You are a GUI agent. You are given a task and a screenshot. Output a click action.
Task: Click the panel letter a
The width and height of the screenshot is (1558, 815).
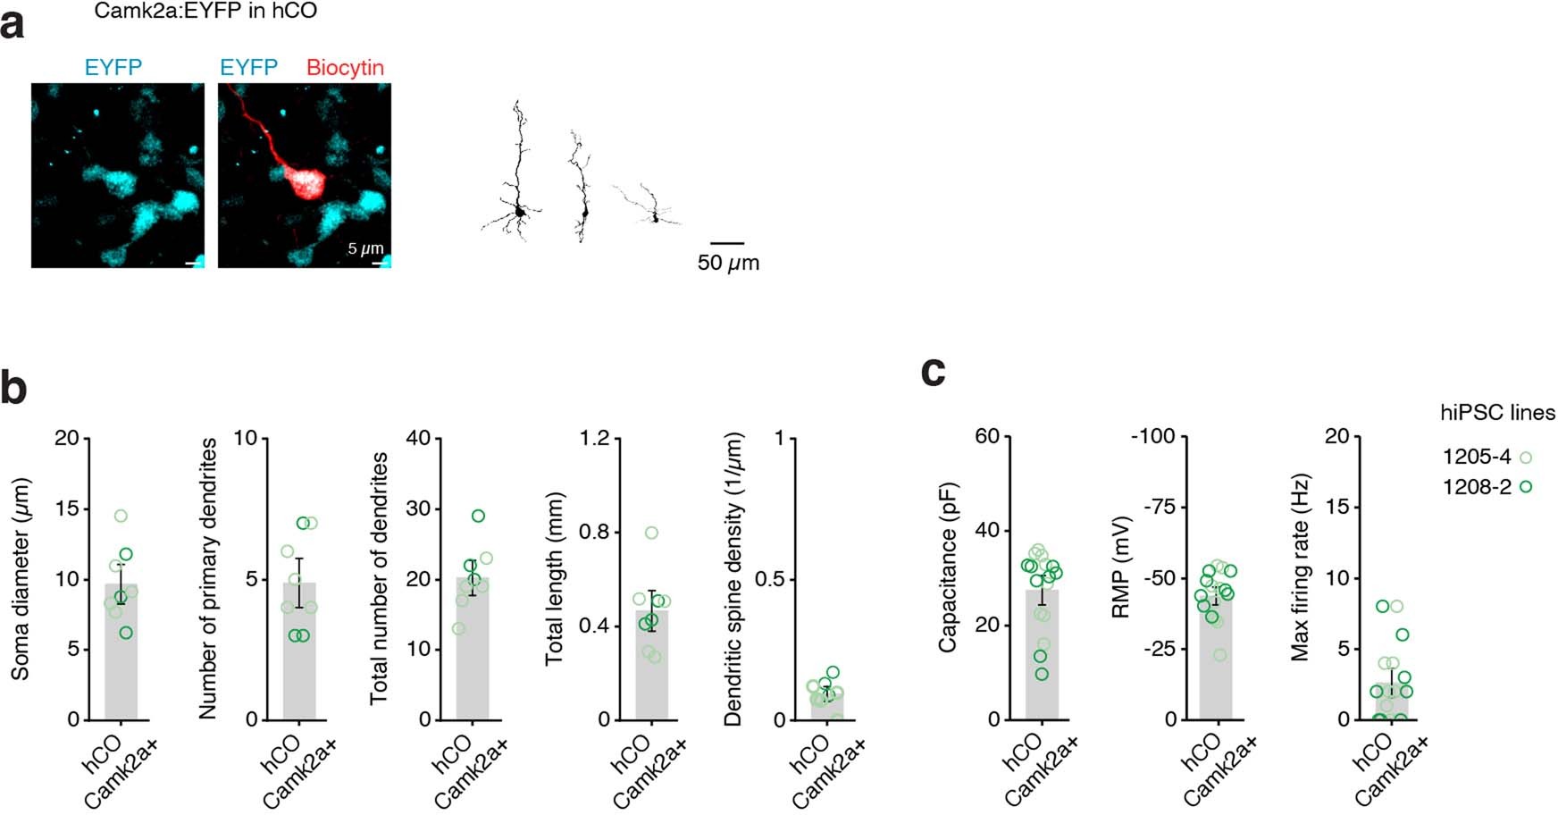13,25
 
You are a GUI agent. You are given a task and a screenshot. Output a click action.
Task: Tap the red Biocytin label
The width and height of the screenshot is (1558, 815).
345,68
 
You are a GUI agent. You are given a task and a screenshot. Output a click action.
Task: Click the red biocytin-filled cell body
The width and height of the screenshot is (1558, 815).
301,184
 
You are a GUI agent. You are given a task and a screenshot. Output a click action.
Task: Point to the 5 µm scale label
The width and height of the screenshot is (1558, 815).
365,248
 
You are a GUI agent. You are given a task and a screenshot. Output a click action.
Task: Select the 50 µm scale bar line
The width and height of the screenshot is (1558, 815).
727,242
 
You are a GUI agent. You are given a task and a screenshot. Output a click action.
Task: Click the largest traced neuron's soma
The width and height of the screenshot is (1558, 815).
519,213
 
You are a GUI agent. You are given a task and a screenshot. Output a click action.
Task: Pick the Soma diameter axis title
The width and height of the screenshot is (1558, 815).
21,578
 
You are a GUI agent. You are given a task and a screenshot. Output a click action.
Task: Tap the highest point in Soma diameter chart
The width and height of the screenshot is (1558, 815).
121,516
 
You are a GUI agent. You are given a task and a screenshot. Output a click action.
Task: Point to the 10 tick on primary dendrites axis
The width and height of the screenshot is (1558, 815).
246,438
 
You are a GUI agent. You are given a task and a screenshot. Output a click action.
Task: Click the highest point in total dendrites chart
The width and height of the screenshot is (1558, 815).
479,516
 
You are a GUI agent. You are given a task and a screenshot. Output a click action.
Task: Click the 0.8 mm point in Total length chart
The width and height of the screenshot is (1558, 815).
651,533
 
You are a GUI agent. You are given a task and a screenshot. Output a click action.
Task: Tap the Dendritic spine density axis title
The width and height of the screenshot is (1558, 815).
733,578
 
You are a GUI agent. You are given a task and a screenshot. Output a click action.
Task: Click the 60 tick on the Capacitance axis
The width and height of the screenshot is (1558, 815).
987,437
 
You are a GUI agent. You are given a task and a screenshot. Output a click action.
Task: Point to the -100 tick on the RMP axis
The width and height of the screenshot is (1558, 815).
1152,437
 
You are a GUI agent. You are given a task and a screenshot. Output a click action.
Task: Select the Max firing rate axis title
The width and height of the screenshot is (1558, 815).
1301,567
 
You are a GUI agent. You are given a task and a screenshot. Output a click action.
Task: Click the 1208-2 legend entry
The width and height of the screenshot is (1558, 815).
1487,487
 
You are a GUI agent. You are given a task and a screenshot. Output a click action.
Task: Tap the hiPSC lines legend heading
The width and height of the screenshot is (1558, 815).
1497,413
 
